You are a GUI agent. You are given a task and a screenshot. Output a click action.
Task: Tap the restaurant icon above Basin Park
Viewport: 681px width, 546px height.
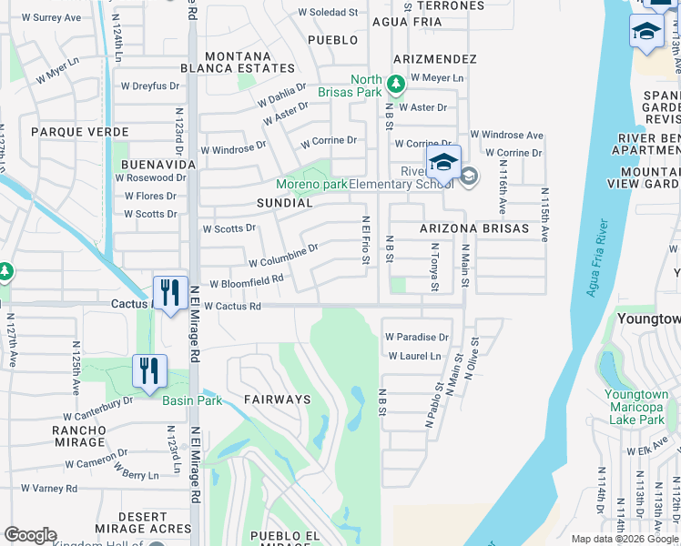point(149,371)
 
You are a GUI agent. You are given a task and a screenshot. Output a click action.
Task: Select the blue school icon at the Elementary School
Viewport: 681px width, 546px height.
point(443,165)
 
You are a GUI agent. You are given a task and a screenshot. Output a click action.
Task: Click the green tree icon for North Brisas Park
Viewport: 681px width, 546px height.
point(395,85)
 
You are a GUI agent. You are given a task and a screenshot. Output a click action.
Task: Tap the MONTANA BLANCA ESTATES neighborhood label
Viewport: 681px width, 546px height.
point(238,62)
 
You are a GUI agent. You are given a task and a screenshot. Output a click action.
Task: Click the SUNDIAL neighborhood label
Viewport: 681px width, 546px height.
point(285,203)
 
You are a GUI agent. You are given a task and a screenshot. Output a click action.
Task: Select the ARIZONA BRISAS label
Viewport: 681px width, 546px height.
point(473,228)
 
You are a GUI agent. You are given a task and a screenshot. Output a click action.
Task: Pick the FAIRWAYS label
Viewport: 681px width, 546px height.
point(277,399)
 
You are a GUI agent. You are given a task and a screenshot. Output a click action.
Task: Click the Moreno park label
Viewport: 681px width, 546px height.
point(312,185)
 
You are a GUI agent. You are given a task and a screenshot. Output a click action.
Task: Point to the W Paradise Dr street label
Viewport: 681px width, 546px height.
point(417,337)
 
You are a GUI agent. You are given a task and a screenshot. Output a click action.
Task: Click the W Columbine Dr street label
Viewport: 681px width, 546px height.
point(283,255)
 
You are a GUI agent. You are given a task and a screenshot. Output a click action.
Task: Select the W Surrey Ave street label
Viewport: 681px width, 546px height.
point(51,17)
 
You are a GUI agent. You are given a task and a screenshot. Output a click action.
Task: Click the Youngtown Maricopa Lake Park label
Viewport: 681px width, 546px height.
point(635,407)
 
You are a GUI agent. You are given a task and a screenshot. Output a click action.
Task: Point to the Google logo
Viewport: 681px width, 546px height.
point(30,535)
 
